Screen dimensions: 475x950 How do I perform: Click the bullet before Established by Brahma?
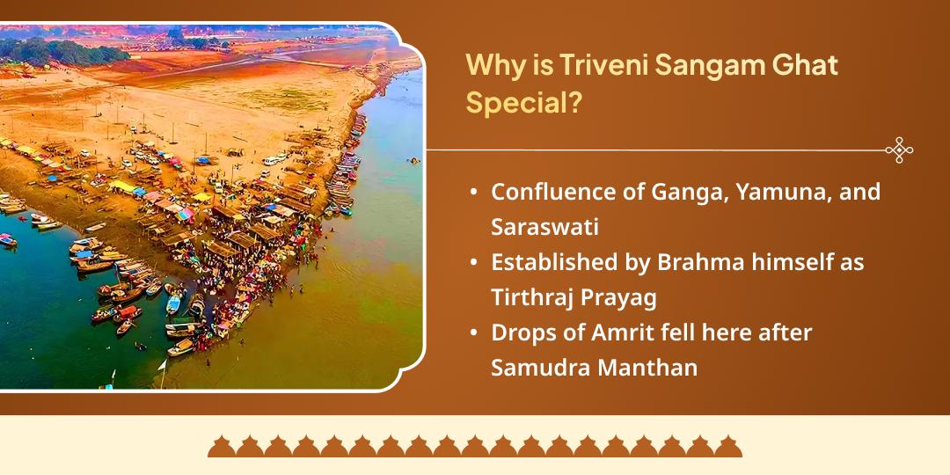(x=474, y=262)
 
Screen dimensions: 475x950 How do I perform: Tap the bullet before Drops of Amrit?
(x=474, y=332)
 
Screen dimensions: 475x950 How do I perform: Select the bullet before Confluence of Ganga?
(x=474, y=192)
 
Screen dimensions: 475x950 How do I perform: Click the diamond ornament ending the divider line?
(x=898, y=150)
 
